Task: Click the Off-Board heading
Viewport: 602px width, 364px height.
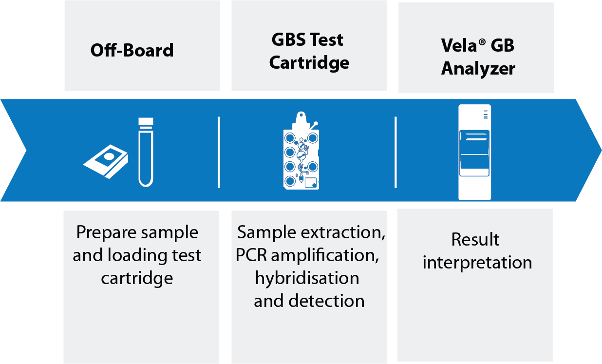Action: (x=132, y=50)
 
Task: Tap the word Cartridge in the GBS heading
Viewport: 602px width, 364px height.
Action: (x=309, y=63)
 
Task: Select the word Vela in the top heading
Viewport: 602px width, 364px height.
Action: (x=459, y=45)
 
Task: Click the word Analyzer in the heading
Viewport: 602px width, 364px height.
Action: (x=478, y=69)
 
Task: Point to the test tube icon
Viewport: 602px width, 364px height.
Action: (x=146, y=152)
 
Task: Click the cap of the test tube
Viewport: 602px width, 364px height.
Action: (x=146, y=121)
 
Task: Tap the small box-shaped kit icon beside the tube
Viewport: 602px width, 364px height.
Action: (x=106, y=161)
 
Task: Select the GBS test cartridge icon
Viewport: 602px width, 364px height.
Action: (x=301, y=151)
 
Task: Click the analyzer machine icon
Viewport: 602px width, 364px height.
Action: (x=474, y=152)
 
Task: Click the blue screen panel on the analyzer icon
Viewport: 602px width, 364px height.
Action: (x=474, y=153)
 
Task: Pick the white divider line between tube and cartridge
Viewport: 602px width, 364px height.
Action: (x=219, y=152)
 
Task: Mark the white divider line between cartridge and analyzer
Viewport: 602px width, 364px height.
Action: (x=395, y=152)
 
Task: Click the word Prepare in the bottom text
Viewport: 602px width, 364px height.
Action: (x=107, y=233)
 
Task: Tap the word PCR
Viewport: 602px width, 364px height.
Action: (x=251, y=255)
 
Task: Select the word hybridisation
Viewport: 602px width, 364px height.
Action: (x=307, y=279)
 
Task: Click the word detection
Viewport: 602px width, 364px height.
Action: (x=326, y=301)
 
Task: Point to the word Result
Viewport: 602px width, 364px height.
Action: (x=475, y=239)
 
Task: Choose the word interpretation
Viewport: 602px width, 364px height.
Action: (x=477, y=263)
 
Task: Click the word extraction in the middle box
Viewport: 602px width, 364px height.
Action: (x=343, y=232)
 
